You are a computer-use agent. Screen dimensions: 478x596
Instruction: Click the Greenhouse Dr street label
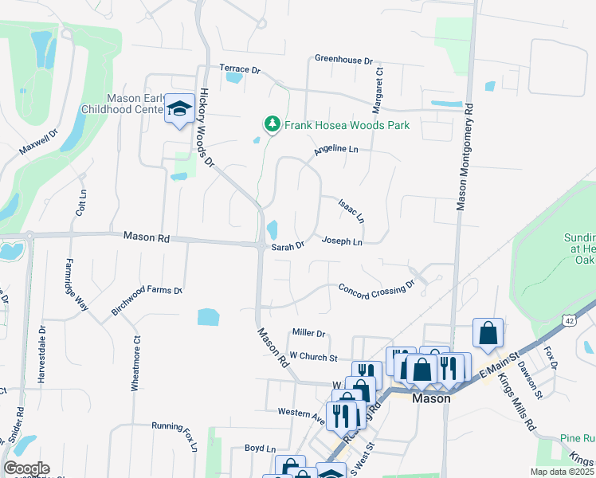343,60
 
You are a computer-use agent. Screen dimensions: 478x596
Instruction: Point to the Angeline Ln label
335,149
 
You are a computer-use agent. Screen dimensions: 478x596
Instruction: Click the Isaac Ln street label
351,210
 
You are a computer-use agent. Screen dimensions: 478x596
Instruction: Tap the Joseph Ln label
342,241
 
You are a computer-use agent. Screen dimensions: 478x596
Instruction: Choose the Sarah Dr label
288,247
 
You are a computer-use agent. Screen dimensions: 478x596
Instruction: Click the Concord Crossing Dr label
377,288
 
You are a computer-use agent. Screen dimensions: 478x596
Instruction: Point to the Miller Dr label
309,333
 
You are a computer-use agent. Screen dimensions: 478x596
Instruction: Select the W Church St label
314,356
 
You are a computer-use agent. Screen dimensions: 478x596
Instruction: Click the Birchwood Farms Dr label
147,300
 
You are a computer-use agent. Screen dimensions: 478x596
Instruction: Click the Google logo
26,468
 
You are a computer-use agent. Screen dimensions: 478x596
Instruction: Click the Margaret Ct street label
378,89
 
